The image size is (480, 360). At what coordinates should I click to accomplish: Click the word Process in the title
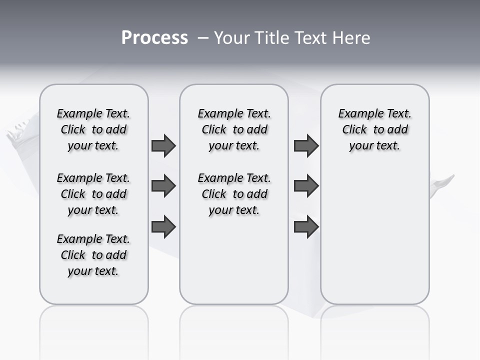tap(154, 38)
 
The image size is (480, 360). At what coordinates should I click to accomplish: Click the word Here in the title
tap(352, 38)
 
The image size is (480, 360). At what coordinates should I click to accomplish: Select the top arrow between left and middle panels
tap(163, 145)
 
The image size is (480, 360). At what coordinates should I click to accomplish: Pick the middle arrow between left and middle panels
tap(163, 186)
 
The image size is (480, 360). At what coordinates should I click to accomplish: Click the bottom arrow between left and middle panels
tap(163, 226)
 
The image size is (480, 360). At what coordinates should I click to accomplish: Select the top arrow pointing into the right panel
tap(306, 145)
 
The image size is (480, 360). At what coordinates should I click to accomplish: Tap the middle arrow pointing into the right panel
tap(306, 186)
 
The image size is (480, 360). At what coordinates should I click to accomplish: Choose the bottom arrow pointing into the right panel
tap(306, 226)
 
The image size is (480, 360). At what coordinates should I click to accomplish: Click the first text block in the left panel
tap(93, 129)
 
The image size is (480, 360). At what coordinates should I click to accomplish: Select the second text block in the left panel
tap(93, 194)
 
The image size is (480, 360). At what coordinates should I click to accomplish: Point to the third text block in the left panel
tap(93, 255)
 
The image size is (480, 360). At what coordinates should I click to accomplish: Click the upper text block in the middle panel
tap(234, 129)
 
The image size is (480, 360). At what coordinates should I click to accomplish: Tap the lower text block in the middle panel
tap(234, 194)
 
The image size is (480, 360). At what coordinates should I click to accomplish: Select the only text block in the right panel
tap(374, 129)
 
